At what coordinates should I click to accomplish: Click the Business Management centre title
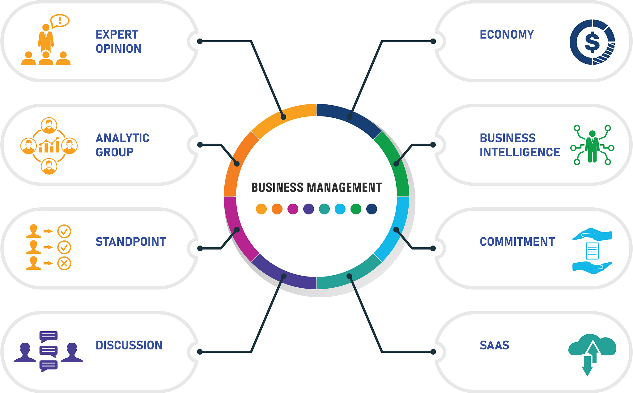(316, 188)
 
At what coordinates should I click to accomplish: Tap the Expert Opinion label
(118, 41)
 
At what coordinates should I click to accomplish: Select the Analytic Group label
(122, 145)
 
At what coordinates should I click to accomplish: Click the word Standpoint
(131, 242)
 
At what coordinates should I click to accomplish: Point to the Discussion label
(129, 345)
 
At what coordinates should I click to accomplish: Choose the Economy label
(507, 34)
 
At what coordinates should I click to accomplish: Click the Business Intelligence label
(520, 145)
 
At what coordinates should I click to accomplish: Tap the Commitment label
(517, 242)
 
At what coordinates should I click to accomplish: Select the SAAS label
(494, 345)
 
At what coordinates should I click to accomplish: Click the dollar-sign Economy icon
(592, 42)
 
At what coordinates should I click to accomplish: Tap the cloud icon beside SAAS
(592, 346)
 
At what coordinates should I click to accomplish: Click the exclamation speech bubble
(60, 21)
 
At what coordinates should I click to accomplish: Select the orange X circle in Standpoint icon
(64, 263)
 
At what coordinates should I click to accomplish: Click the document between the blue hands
(592, 251)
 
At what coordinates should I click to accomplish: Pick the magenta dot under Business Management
(293, 209)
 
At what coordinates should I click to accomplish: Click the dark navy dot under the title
(372, 209)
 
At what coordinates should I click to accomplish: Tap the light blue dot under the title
(340, 209)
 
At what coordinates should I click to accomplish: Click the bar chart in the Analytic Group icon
(49, 146)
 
